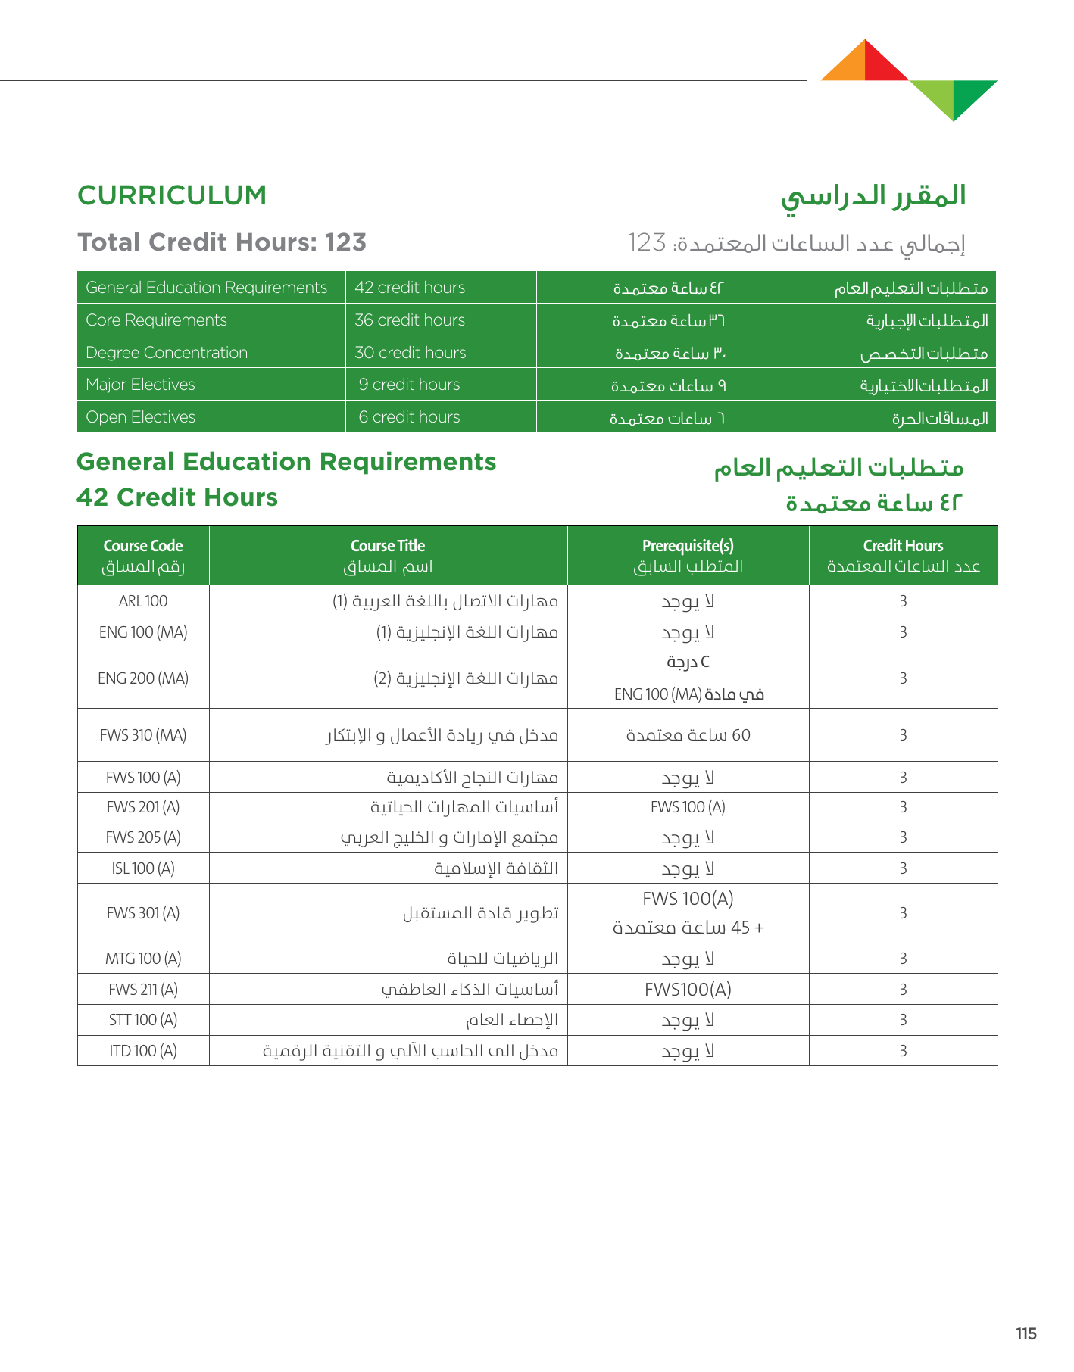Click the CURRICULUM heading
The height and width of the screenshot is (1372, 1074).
(172, 195)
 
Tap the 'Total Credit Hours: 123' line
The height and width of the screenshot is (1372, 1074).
(222, 242)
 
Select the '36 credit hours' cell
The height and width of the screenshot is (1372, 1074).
(410, 320)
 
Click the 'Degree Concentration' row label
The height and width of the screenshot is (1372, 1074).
(167, 353)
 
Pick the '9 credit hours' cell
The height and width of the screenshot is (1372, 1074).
(409, 385)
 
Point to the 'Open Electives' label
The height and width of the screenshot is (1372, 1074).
(141, 417)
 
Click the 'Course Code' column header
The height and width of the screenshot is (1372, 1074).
(143, 546)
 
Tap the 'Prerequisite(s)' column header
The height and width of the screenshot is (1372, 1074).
(688, 546)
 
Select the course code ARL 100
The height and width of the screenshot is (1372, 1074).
(143, 601)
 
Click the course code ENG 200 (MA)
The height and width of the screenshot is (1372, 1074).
(143, 678)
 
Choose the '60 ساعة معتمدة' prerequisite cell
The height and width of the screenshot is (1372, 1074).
(688, 735)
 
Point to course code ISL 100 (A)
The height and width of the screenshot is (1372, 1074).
(143, 868)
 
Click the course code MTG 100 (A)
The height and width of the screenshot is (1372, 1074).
(143, 959)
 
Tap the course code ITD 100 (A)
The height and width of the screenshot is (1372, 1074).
(143, 1051)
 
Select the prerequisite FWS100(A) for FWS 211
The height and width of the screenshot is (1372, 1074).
(688, 990)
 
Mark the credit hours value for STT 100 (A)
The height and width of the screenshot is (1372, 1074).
(903, 1020)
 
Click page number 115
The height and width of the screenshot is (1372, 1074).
(1026, 1334)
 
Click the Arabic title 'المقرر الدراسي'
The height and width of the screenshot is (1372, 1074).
(873, 196)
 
